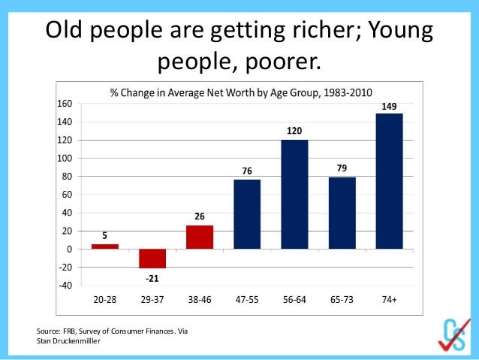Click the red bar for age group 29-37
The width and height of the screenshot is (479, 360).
[152, 259]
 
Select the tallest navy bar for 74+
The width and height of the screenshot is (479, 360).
[389, 181]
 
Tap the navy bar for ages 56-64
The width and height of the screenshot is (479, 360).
[294, 194]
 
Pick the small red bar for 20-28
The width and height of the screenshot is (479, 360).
[105, 247]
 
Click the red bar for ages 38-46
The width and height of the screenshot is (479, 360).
[200, 237]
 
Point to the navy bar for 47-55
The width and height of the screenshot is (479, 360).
[247, 214]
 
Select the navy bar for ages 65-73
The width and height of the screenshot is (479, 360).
[342, 213]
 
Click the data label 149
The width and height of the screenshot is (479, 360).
[389, 107]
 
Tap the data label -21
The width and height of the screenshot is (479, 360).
[152, 279]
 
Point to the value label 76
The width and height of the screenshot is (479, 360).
[247, 171]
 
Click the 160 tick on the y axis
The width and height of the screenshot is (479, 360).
[65, 104]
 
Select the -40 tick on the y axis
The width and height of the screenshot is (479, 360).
[65, 286]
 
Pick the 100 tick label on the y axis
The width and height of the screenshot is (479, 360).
[65, 158]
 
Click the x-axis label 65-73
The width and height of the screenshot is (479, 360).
[342, 299]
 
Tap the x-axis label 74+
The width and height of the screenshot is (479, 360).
[389, 299]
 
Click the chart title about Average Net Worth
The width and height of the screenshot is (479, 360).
[241, 92]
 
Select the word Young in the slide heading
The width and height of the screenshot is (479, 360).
[400, 31]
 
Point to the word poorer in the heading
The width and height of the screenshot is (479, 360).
[283, 62]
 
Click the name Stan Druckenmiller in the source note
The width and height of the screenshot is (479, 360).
[68, 340]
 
